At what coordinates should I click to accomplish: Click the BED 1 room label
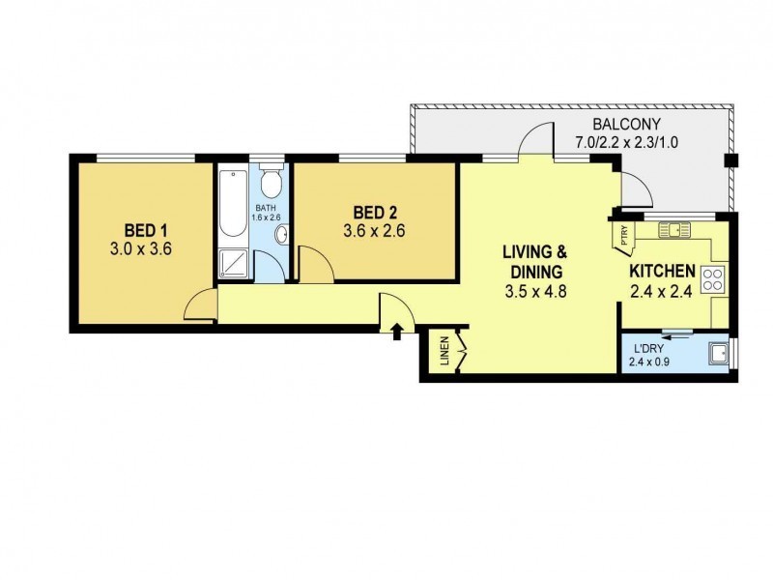(146, 230)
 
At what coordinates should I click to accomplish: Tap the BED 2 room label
(373, 213)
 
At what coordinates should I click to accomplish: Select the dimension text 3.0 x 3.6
(146, 248)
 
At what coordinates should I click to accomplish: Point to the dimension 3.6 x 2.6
(373, 232)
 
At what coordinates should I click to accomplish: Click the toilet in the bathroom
(272, 183)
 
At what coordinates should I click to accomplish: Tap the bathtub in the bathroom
(233, 204)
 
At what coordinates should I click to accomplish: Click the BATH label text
(268, 208)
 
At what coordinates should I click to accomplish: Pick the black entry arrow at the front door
(396, 333)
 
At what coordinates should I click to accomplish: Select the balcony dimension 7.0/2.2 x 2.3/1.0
(625, 142)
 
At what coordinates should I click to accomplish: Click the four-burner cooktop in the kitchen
(713, 280)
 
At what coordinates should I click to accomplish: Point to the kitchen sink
(672, 230)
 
